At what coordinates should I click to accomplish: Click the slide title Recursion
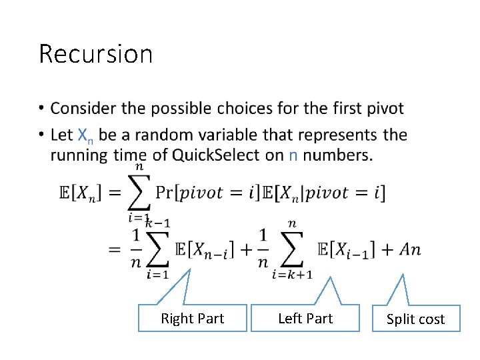95,53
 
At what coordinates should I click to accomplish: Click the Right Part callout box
192,319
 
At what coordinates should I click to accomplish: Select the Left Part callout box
305,318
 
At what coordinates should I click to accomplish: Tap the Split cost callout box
415,319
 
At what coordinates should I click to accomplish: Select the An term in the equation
409,250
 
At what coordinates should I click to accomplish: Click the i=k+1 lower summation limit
291,275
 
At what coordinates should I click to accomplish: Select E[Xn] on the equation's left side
81,193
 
